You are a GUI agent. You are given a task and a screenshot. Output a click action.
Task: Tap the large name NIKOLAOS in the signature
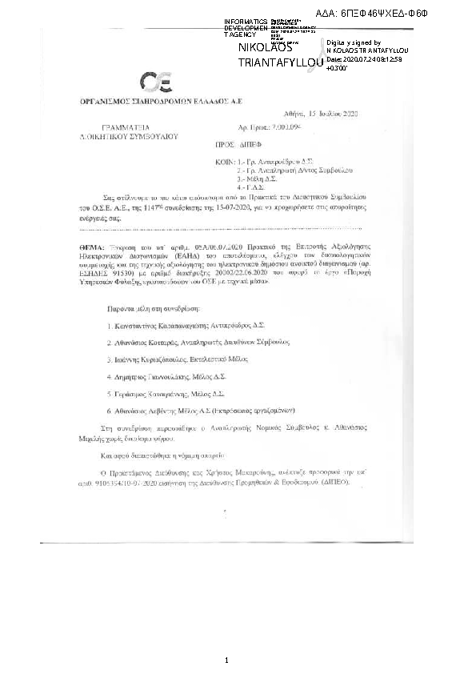(267, 49)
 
